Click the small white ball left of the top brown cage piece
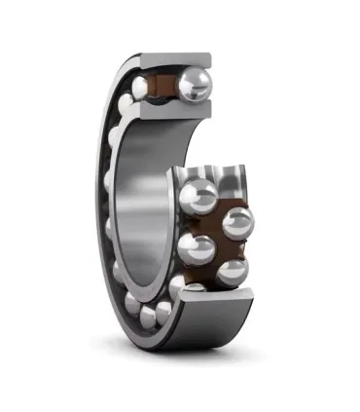(142, 89)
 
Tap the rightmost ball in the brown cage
(237, 223)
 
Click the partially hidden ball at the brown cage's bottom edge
(190, 286)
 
